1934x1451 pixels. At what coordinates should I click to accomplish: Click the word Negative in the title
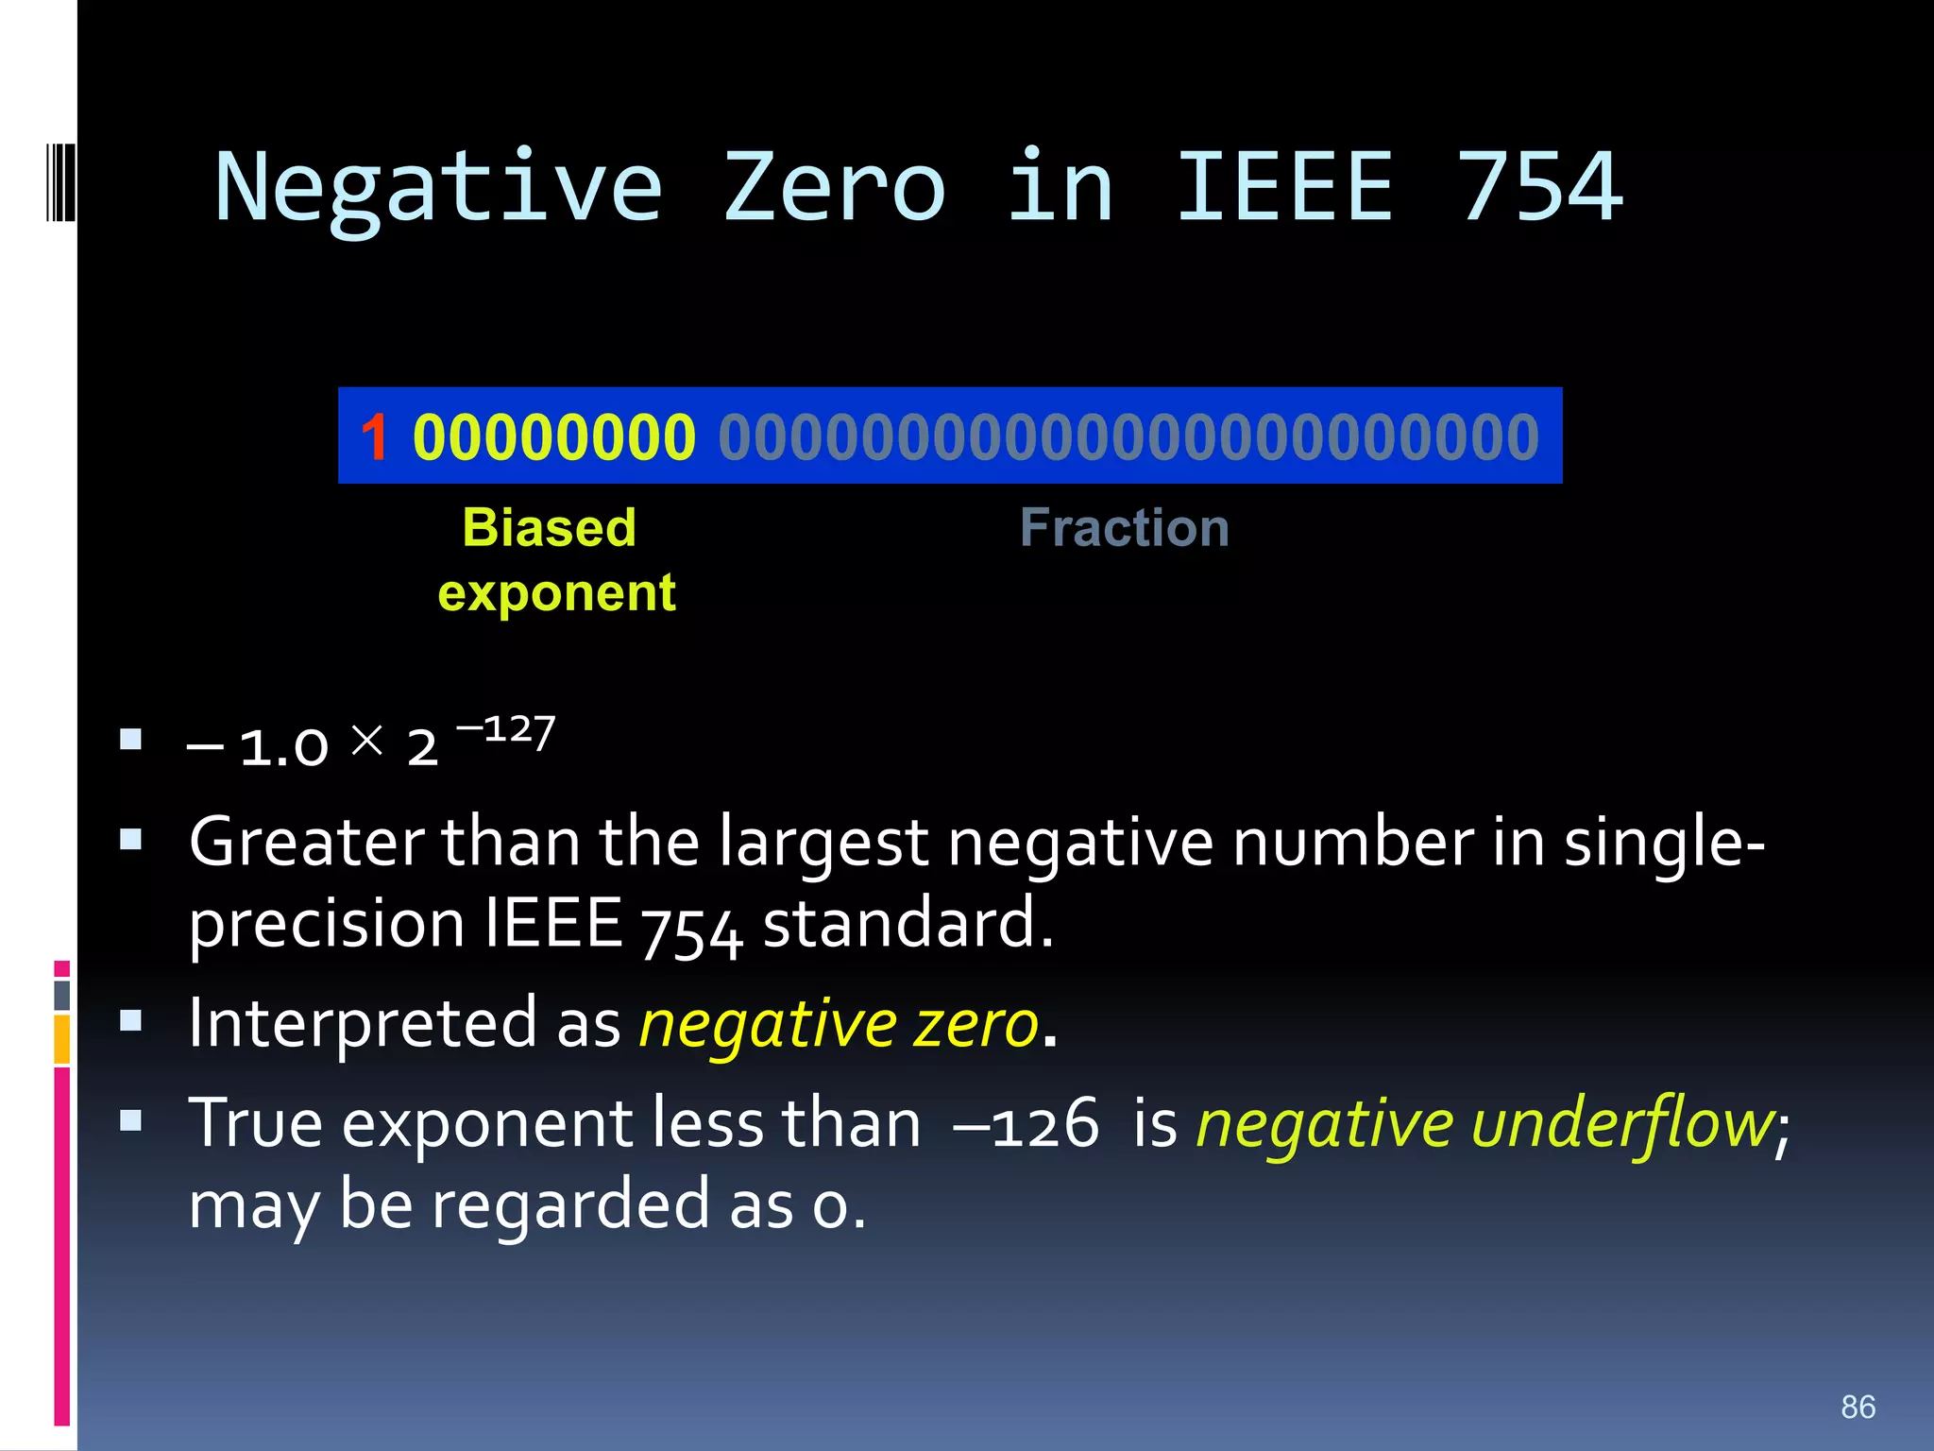(438, 189)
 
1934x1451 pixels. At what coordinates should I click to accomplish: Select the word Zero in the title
(834, 189)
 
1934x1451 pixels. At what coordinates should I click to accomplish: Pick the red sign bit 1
(374, 437)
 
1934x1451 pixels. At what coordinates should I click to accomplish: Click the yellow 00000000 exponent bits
(554, 437)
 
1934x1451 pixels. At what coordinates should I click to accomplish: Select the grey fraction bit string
(1128, 437)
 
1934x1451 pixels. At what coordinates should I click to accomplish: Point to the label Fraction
(1124, 527)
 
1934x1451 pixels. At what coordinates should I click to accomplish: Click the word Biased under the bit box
(549, 527)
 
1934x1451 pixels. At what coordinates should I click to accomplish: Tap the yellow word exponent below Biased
(556, 593)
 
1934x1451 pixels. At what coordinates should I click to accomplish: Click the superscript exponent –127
(506, 731)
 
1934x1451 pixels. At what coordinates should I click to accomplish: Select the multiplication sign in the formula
(366, 740)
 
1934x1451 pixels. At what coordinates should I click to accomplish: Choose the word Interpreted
(363, 1024)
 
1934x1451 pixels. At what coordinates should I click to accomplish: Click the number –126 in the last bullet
(1026, 1124)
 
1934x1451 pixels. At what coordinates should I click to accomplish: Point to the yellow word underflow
(1621, 1124)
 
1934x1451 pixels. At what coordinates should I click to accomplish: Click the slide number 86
(1858, 1407)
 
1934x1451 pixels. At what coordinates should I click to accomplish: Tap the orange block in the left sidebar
(61, 1039)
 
